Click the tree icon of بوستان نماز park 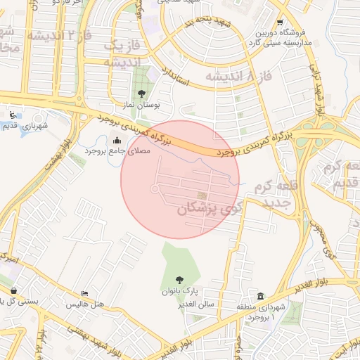pyautogui.click(x=143, y=93)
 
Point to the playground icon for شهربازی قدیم pyautogui.click(x=11, y=114)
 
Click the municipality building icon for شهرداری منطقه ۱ pyautogui.click(x=261, y=296)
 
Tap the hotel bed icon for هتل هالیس pyautogui.click(x=85, y=294)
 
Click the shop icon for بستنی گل pyautogui.click(x=14, y=290)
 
